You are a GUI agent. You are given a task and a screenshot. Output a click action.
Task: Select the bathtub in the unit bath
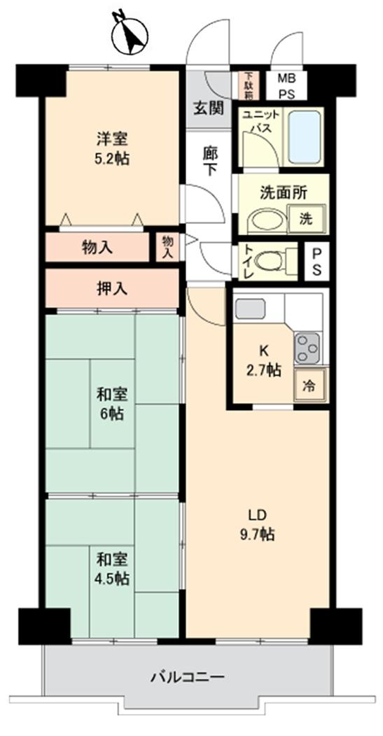(305, 136)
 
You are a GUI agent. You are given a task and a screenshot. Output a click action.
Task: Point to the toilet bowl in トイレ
(268, 261)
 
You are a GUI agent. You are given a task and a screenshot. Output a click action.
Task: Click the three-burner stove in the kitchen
(307, 348)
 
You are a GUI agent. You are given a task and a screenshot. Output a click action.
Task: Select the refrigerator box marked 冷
(309, 385)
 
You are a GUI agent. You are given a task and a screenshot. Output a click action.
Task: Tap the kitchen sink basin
(251, 309)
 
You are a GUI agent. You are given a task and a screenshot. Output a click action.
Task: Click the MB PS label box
(286, 85)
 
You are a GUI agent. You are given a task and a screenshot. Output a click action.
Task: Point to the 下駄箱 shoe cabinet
(249, 85)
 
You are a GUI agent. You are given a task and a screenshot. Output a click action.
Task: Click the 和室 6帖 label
(111, 404)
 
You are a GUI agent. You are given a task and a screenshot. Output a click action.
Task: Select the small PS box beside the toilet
(316, 261)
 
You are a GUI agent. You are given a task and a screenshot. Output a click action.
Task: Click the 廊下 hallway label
(209, 162)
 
